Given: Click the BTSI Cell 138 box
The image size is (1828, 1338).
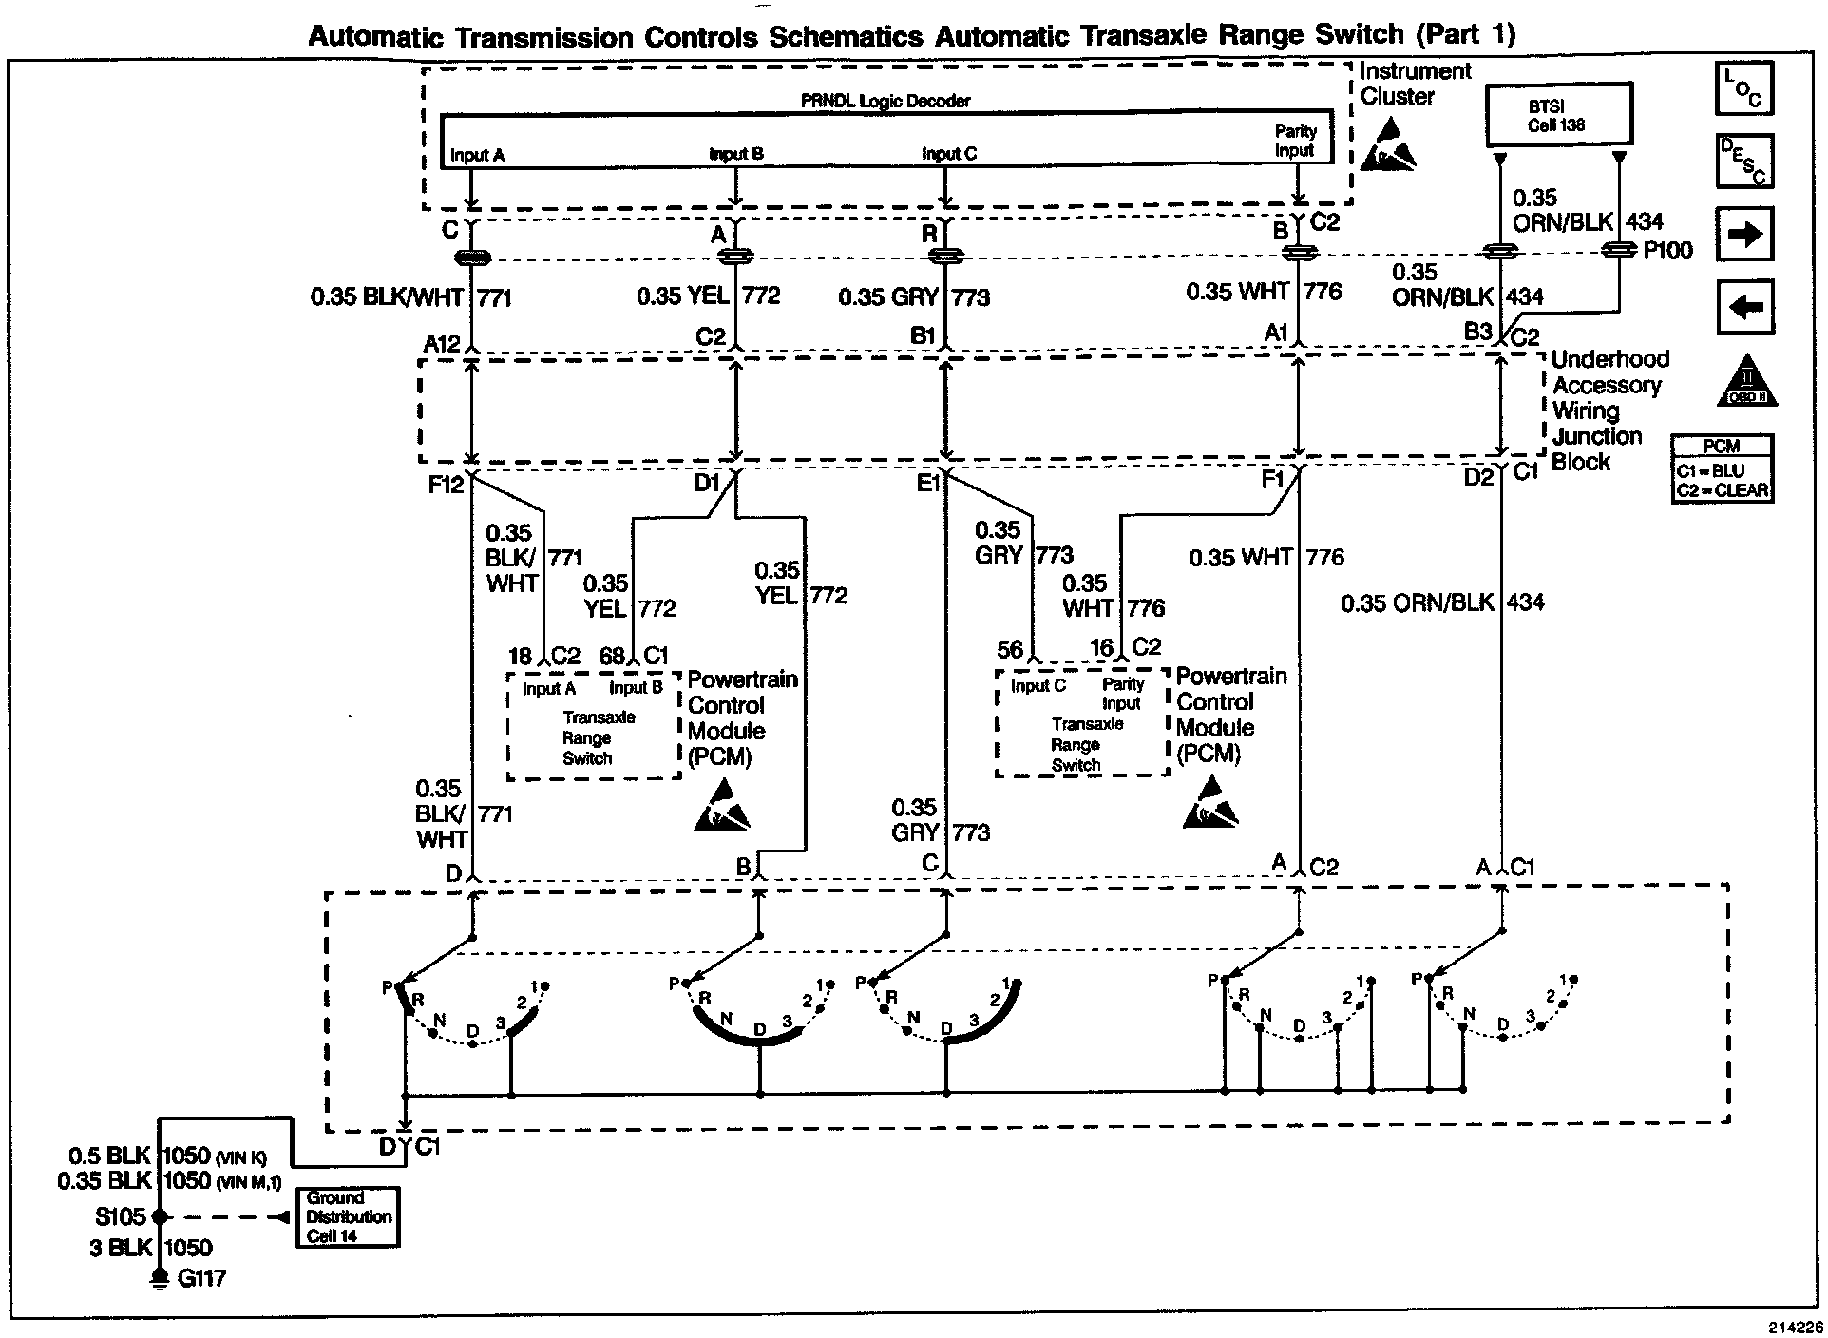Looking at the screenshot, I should [1559, 115].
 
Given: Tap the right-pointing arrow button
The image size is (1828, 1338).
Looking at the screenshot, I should [1744, 235].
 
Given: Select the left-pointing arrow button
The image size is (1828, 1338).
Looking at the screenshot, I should [1744, 308].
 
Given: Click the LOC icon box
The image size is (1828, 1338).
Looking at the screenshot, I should [1744, 88].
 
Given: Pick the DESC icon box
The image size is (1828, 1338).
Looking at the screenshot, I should [1744, 161].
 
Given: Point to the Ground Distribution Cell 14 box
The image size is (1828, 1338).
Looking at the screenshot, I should [348, 1216].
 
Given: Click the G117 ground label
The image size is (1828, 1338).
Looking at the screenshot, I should [201, 1279].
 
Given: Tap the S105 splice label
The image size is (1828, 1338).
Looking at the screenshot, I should [120, 1216].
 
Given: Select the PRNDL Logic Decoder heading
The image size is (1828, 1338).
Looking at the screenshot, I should [885, 101].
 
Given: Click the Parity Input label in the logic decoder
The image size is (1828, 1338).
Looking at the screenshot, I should [1295, 141].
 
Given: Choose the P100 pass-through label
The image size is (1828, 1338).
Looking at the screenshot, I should [1667, 251].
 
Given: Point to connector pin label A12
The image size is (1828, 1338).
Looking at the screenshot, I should [441, 344].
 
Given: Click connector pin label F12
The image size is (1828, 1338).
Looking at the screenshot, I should [446, 485].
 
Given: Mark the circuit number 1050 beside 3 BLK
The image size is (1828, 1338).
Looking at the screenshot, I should [188, 1248].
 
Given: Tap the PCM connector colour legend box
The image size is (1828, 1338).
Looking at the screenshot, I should [1722, 468].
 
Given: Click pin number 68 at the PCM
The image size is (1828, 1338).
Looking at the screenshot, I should [613, 656].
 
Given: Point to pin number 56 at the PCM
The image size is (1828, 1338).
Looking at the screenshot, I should [1010, 650].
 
